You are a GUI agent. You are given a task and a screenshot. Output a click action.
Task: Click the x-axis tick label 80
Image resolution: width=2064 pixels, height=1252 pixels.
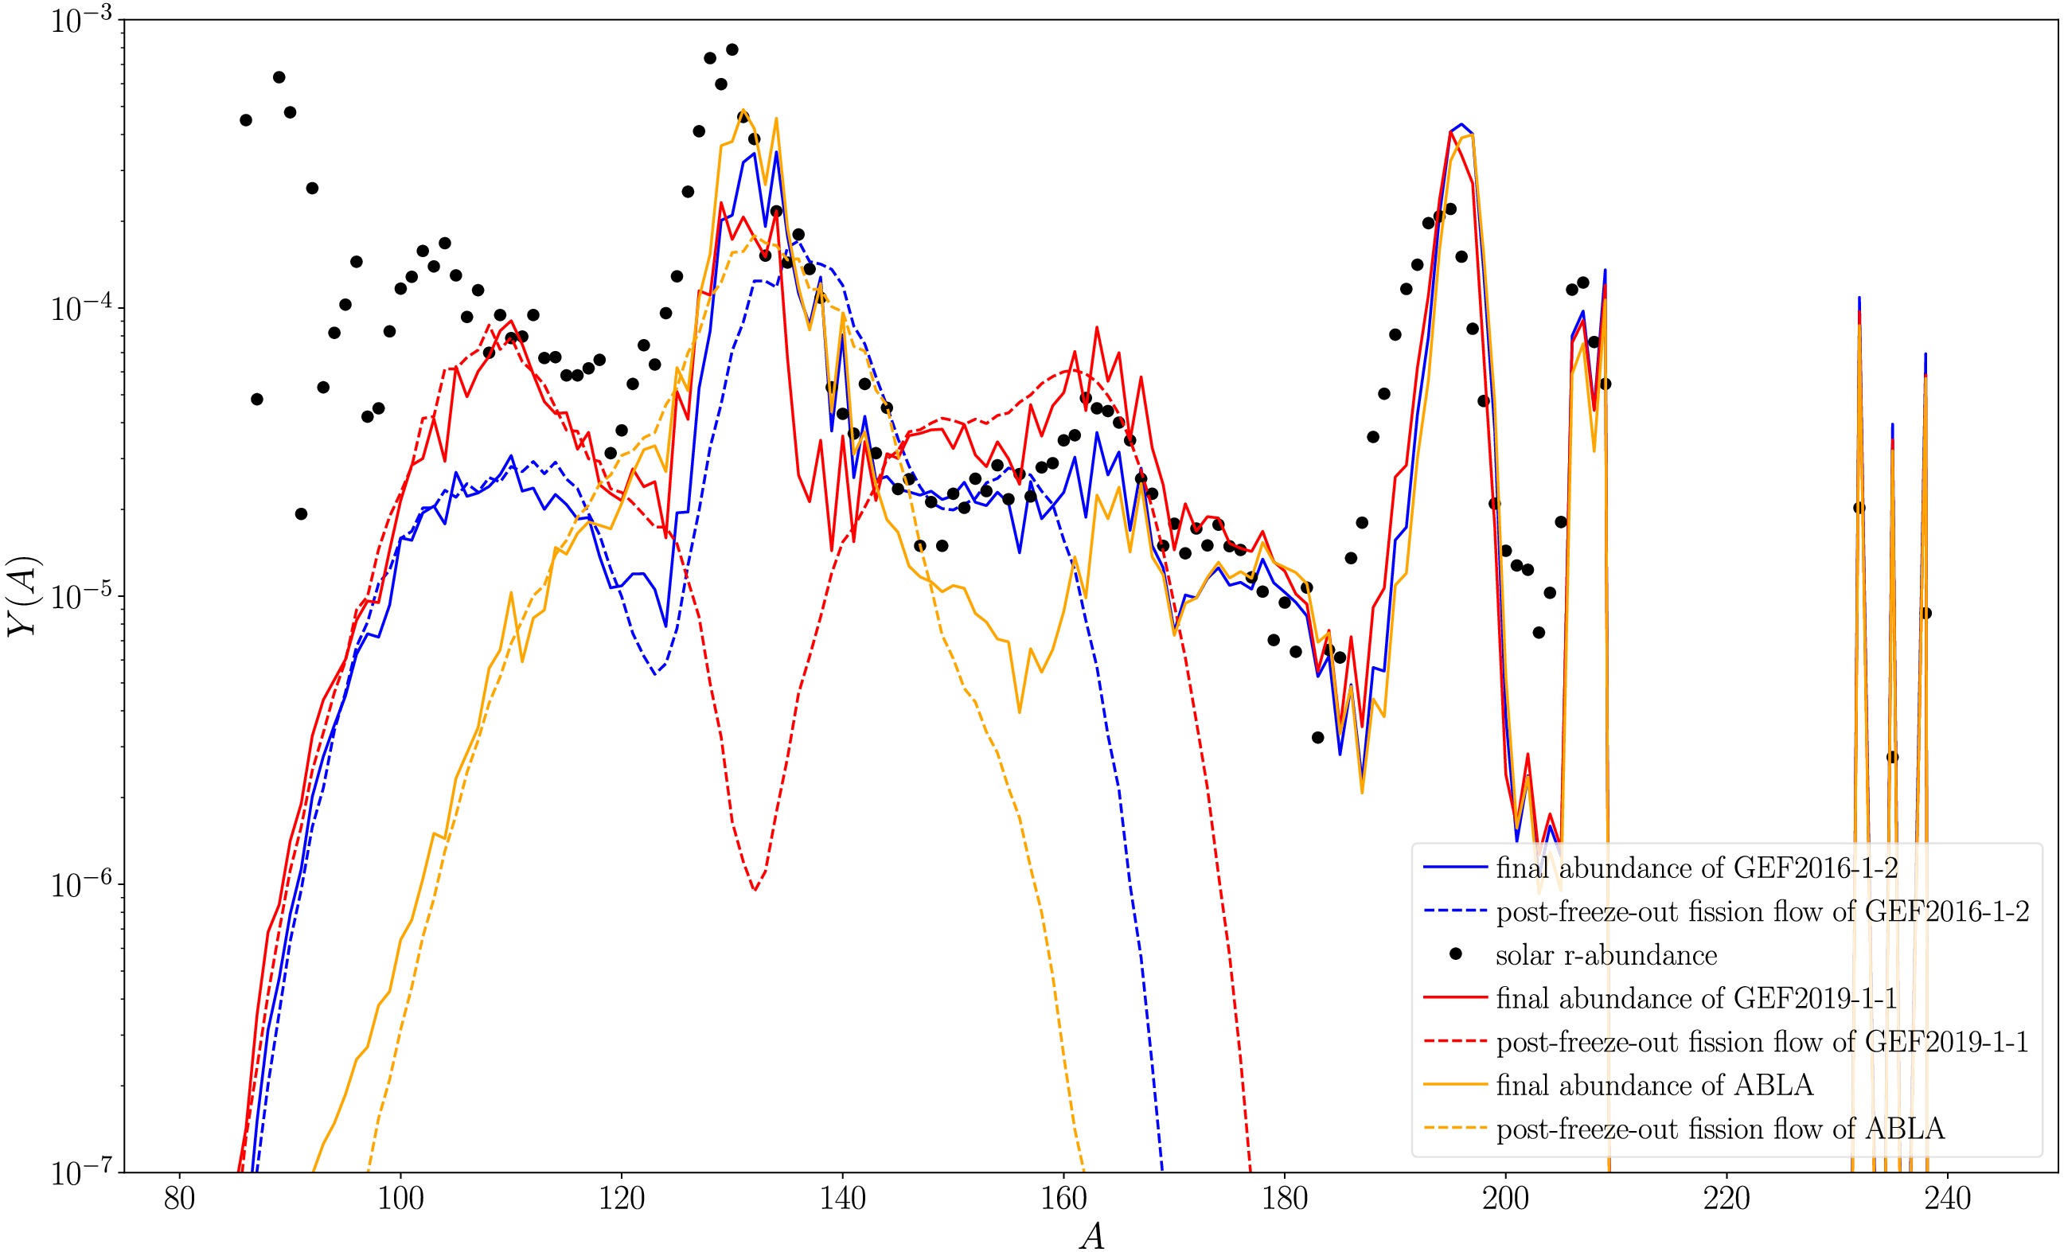pos(179,1199)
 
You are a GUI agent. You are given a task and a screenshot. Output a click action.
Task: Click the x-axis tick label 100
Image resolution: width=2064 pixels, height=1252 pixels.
pos(400,1199)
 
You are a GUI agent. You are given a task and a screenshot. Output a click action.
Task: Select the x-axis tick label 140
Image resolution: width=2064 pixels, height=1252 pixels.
pos(843,1199)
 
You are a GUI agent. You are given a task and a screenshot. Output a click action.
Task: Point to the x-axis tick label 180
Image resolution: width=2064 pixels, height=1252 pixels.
pos(1284,1199)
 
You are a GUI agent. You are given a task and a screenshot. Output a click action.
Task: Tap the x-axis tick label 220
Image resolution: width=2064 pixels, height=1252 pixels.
pos(1727,1199)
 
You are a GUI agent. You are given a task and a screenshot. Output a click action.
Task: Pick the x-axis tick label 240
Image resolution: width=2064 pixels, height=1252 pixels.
pos(1948,1199)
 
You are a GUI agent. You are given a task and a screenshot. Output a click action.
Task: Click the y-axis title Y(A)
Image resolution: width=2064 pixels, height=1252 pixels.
pos(23,596)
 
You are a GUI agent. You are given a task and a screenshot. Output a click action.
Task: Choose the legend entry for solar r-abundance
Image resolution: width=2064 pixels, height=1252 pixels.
pos(1606,956)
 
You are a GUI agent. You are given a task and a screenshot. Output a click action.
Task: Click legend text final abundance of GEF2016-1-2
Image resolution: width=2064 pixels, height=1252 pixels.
pos(1696,868)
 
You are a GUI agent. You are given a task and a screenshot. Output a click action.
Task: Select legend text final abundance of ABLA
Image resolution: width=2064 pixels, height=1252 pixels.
pos(1654,1086)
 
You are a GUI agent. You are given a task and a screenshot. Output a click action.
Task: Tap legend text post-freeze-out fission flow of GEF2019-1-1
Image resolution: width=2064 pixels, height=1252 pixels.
pos(1762,1042)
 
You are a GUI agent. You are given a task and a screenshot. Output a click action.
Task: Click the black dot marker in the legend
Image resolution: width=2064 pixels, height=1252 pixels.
pos(1456,954)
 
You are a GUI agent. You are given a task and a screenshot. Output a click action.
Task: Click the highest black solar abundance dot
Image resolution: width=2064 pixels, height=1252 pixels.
pos(732,49)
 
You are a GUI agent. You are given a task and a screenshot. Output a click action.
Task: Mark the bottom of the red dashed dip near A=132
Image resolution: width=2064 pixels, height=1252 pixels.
pos(755,890)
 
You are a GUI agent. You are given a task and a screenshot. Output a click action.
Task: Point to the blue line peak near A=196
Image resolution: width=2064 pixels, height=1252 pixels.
pos(1461,125)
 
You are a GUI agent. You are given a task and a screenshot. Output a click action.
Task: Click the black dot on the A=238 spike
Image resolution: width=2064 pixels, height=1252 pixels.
pos(1925,613)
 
